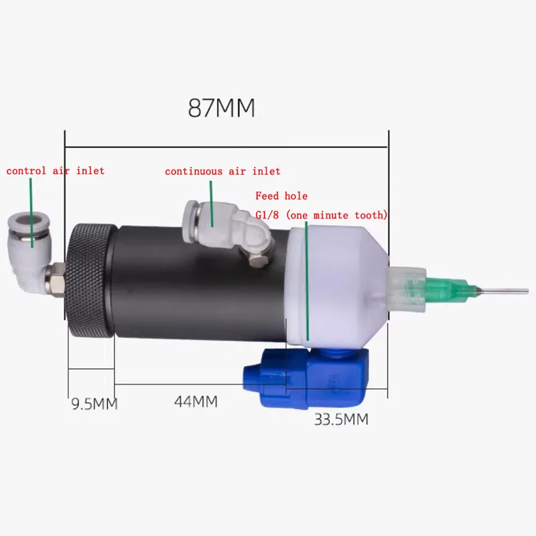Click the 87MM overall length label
(221, 108)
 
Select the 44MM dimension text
(196, 401)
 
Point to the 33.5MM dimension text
(341, 420)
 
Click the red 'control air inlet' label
(56, 171)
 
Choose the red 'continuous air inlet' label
(222, 172)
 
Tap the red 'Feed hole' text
(281, 196)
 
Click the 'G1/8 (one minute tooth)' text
(322, 214)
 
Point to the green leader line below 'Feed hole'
(307, 281)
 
